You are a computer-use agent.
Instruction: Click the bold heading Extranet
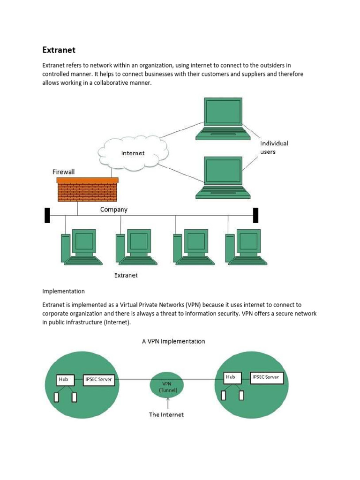(x=59, y=50)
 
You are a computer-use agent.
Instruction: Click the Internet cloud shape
(x=133, y=152)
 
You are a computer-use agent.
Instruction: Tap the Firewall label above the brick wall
(x=63, y=172)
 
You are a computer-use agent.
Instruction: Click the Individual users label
(x=274, y=147)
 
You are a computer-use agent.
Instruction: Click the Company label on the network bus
(x=114, y=210)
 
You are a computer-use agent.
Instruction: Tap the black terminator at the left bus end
(x=47, y=215)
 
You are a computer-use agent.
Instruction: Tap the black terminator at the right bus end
(x=255, y=215)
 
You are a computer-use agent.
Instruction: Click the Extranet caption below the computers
(x=126, y=275)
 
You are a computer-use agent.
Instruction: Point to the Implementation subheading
(x=63, y=291)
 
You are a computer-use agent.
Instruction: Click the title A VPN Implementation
(x=173, y=341)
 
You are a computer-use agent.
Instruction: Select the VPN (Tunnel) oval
(x=167, y=386)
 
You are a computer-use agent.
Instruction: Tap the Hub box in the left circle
(x=63, y=379)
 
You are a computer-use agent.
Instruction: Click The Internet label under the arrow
(x=166, y=414)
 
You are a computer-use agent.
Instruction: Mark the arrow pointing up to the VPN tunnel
(x=167, y=403)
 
